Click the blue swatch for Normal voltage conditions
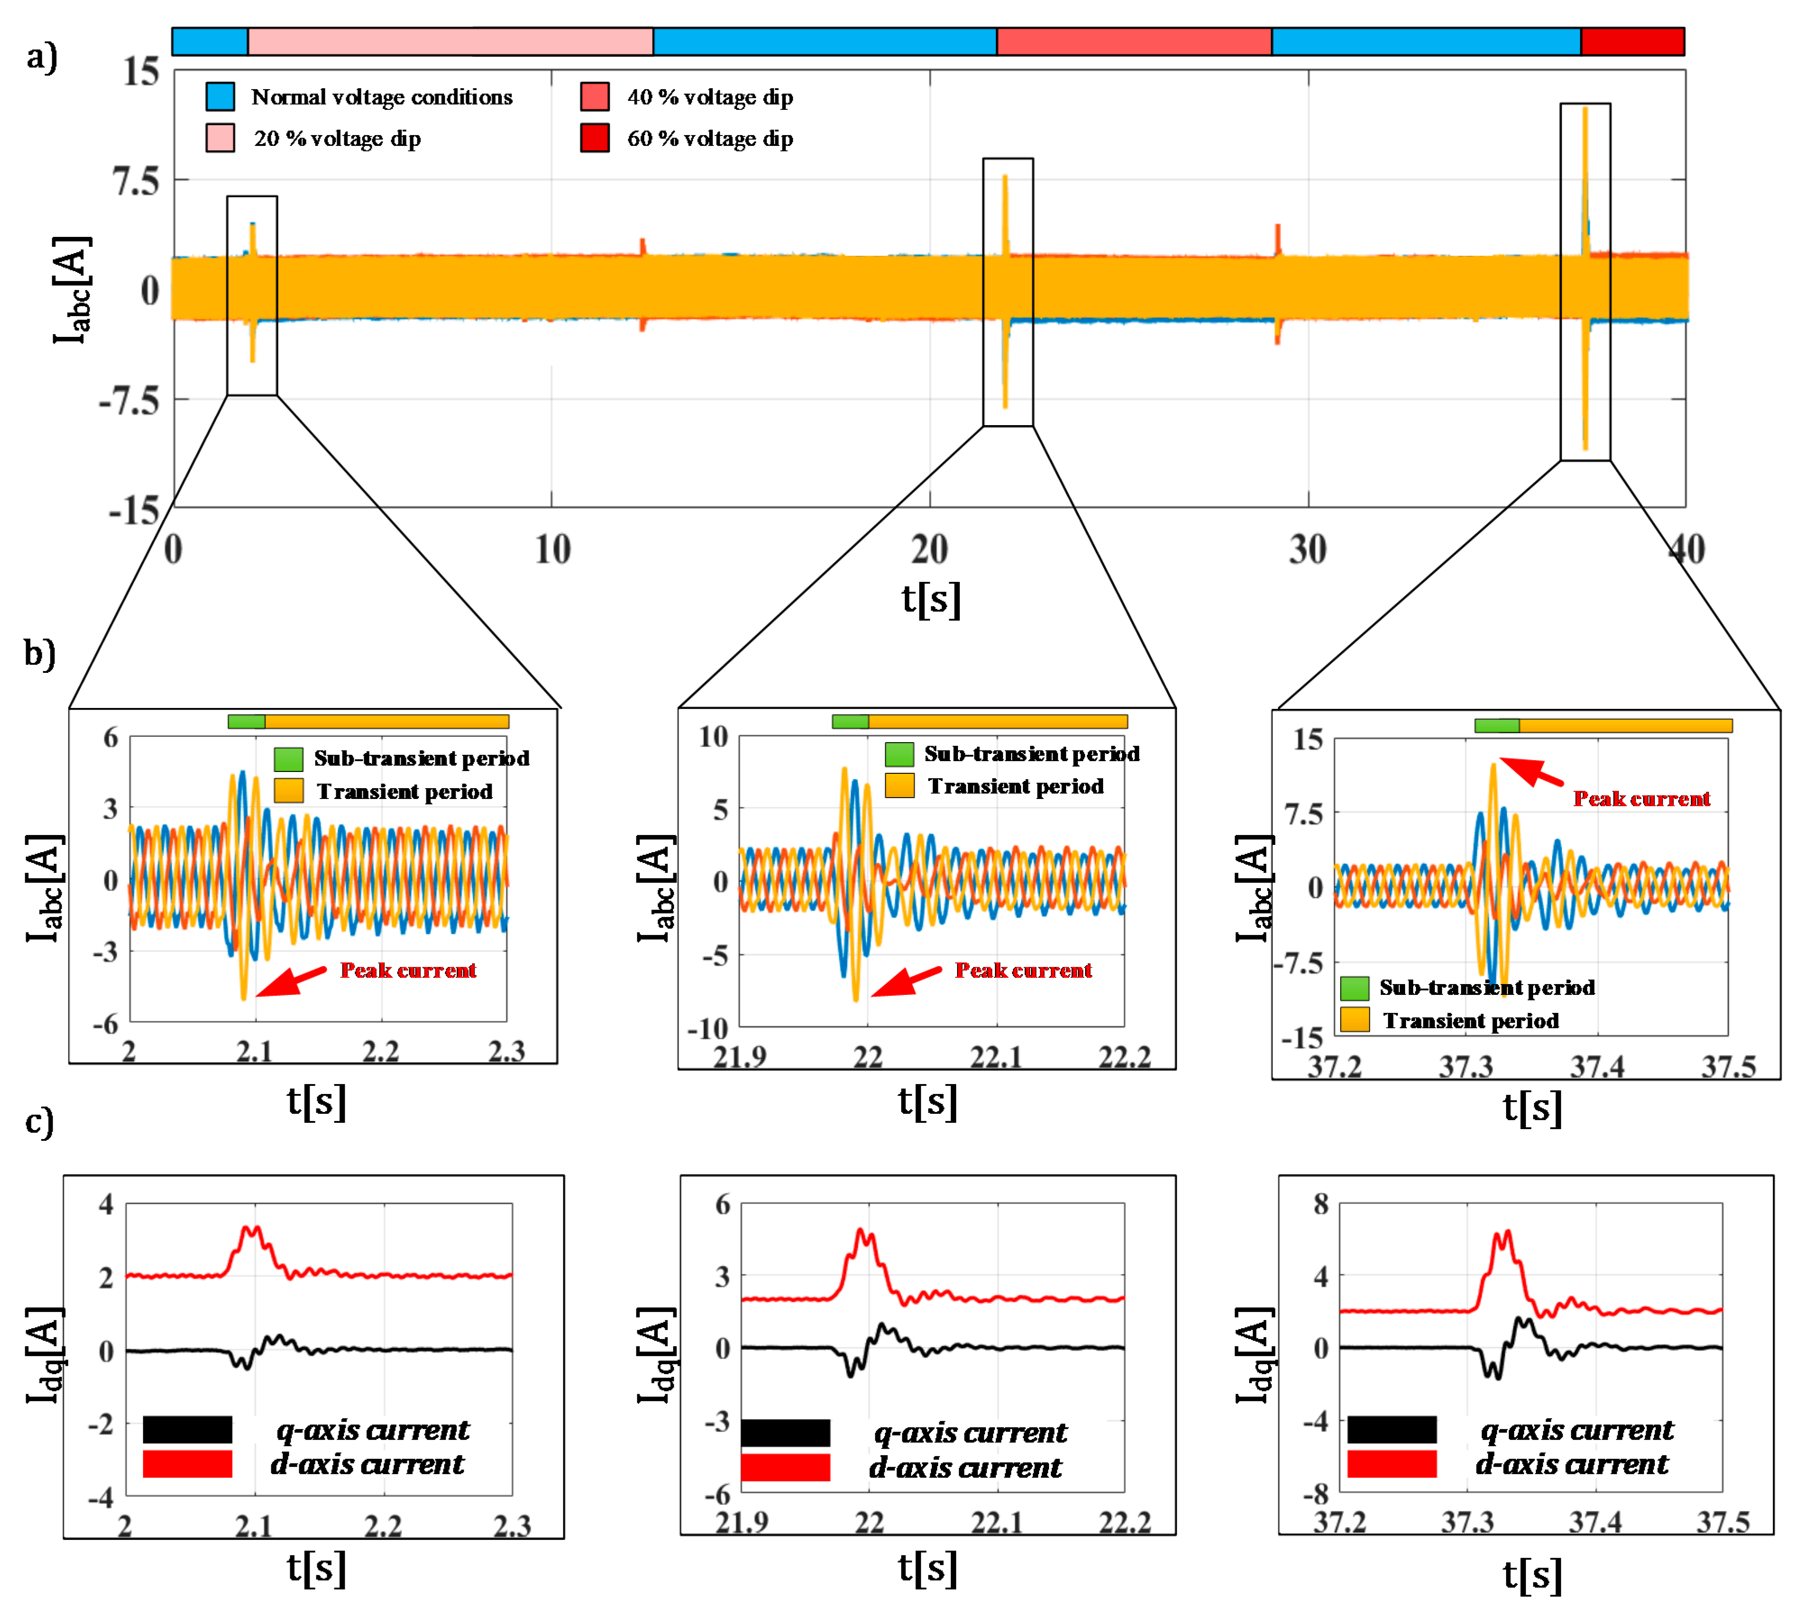click(220, 96)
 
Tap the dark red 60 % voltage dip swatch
click(595, 138)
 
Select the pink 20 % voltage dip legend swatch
click(220, 138)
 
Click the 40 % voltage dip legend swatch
click(595, 96)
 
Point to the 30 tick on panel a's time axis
click(1308, 550)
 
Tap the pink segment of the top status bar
click(450, 42)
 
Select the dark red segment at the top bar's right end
click(1632, 42)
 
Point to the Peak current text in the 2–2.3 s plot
click(408, 970)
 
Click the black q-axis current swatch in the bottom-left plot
click(187, 1429)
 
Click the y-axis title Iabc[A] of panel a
click(71, 290)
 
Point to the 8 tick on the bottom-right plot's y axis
click(1321, 1204)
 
